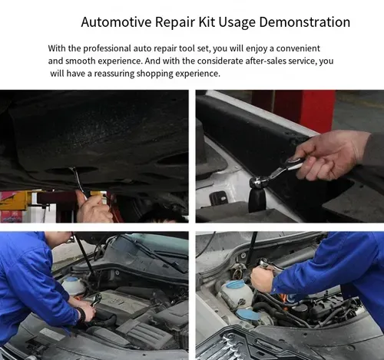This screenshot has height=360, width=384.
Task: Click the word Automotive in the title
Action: [116, 22]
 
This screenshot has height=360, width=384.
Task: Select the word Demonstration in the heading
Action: [305, 22]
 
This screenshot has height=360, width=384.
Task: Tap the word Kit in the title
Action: [207, 22]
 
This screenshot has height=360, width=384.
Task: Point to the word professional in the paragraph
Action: [107, 48]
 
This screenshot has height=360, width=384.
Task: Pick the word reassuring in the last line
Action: [114, 74]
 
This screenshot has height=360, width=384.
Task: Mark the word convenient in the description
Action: [298, 48]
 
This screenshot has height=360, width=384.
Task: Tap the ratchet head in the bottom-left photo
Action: [96, 299]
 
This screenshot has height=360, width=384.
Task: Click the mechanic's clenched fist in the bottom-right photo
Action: [262, 279]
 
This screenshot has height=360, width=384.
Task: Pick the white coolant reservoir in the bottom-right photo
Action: [236, 293]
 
